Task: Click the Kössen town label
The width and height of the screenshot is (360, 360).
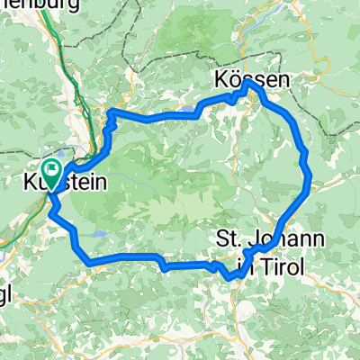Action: tap(252, 80)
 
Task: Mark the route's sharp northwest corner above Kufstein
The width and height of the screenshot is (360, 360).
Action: tap(112, 113)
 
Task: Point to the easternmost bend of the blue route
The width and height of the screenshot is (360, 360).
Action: tap(310, 180)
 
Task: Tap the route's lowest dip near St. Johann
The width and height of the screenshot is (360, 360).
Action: tap(230, 276)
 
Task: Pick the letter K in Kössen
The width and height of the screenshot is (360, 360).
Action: tap(221, 80)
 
